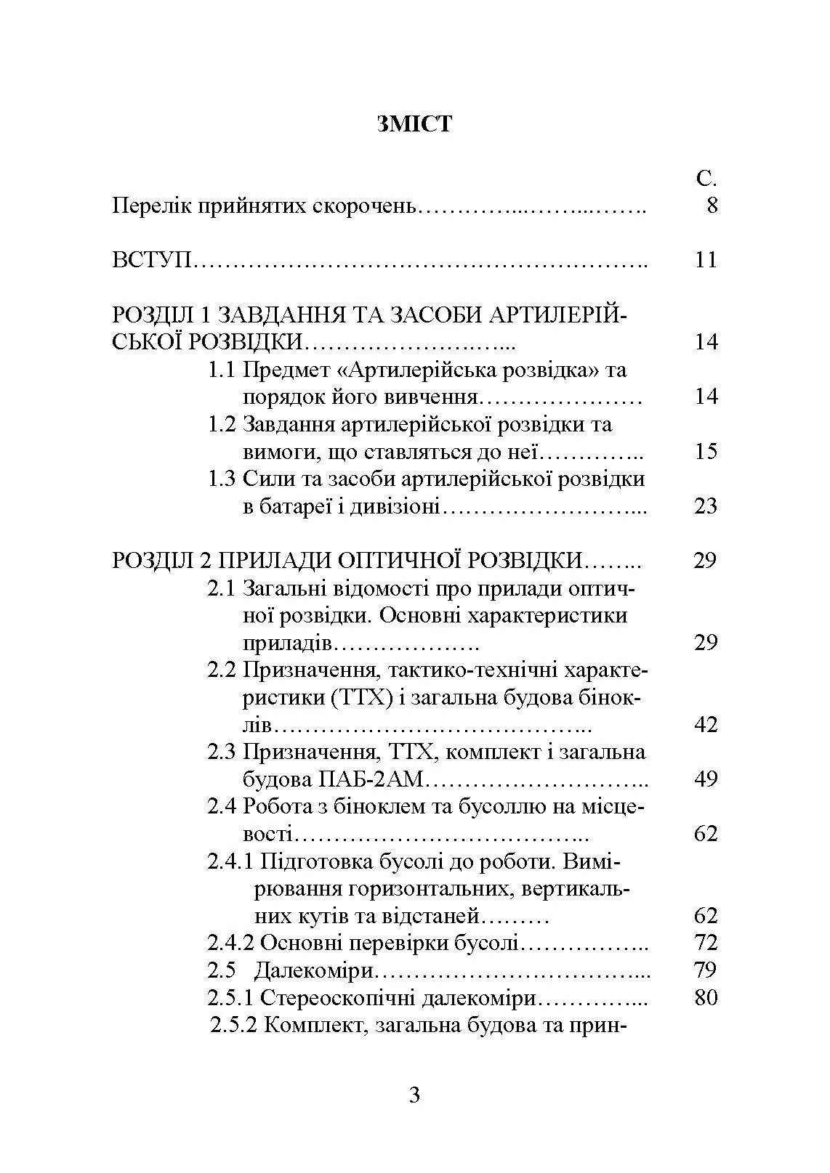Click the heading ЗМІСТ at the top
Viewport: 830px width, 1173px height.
pos(414,124)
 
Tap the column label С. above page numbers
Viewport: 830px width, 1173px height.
pos(706,179)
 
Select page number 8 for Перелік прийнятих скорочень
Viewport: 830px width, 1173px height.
pos(712,206)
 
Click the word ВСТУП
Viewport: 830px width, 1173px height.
pos(151,260)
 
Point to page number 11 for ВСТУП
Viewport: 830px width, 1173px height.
pos(706,260)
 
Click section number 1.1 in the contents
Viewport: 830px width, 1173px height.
pos(222,370)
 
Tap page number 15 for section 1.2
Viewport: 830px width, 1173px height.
pos(706,452)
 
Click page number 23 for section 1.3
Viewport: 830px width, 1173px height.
pos(706,506)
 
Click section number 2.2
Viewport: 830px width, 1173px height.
pos(222,670)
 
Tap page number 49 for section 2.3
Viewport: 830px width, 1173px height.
pos(706,779)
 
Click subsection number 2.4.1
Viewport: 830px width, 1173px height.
pos(230,861)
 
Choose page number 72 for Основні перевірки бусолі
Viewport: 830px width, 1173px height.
pos(706,943)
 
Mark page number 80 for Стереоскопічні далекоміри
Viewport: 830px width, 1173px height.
pos(706,998)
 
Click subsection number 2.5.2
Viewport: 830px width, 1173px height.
pos(232,1026)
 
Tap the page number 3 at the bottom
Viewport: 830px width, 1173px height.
pos(414,1095)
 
